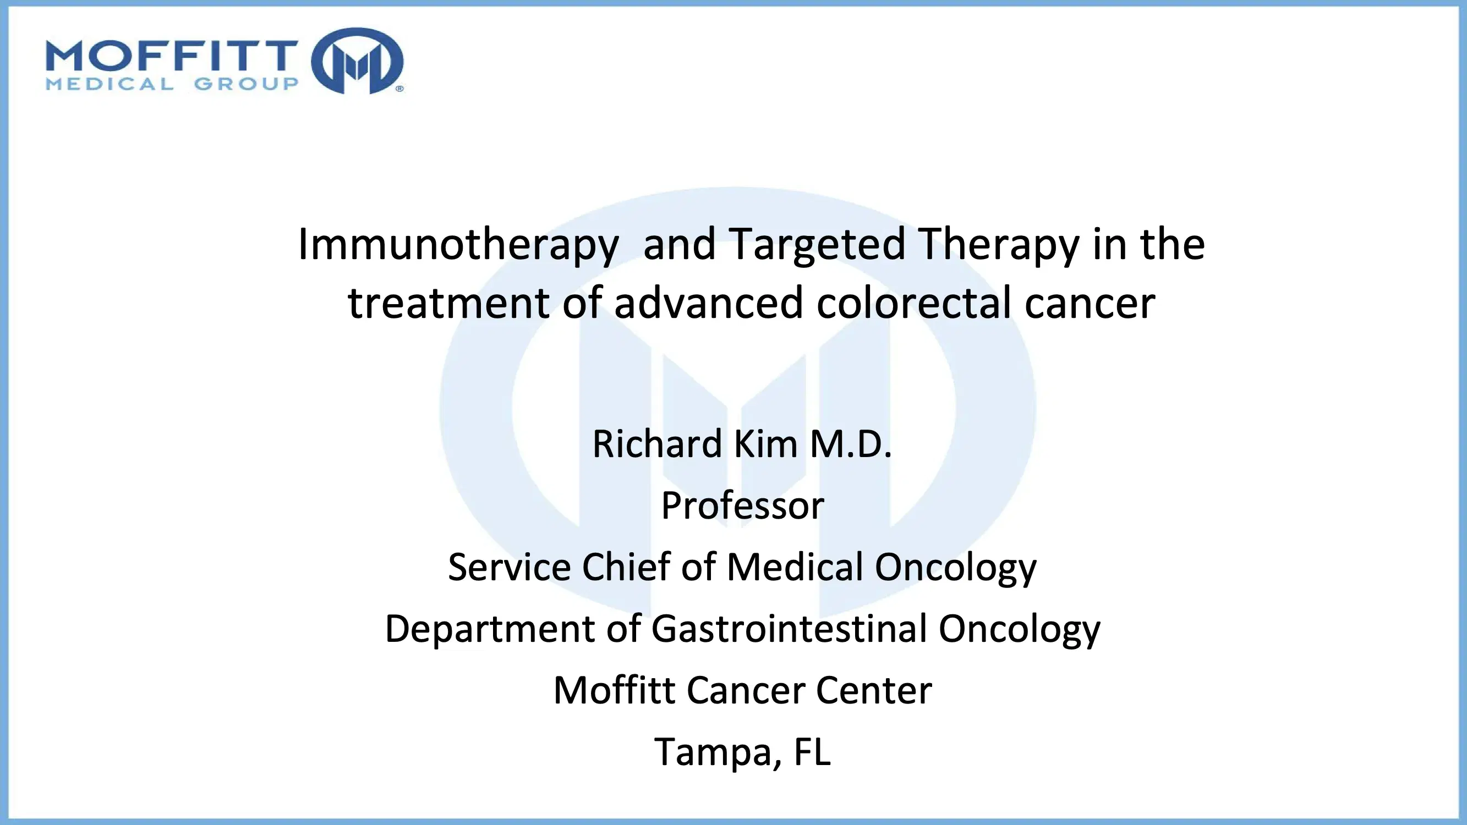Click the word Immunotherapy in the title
pos(458,245)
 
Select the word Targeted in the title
pos(817,245)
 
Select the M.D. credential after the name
pos(851,443)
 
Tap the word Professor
pos(743,505)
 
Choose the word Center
pos(874,690)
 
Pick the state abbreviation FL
pos(812,751)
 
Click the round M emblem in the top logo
pos(358,61)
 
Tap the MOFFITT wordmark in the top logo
pos(172,55)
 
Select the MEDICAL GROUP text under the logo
pos(172,84)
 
